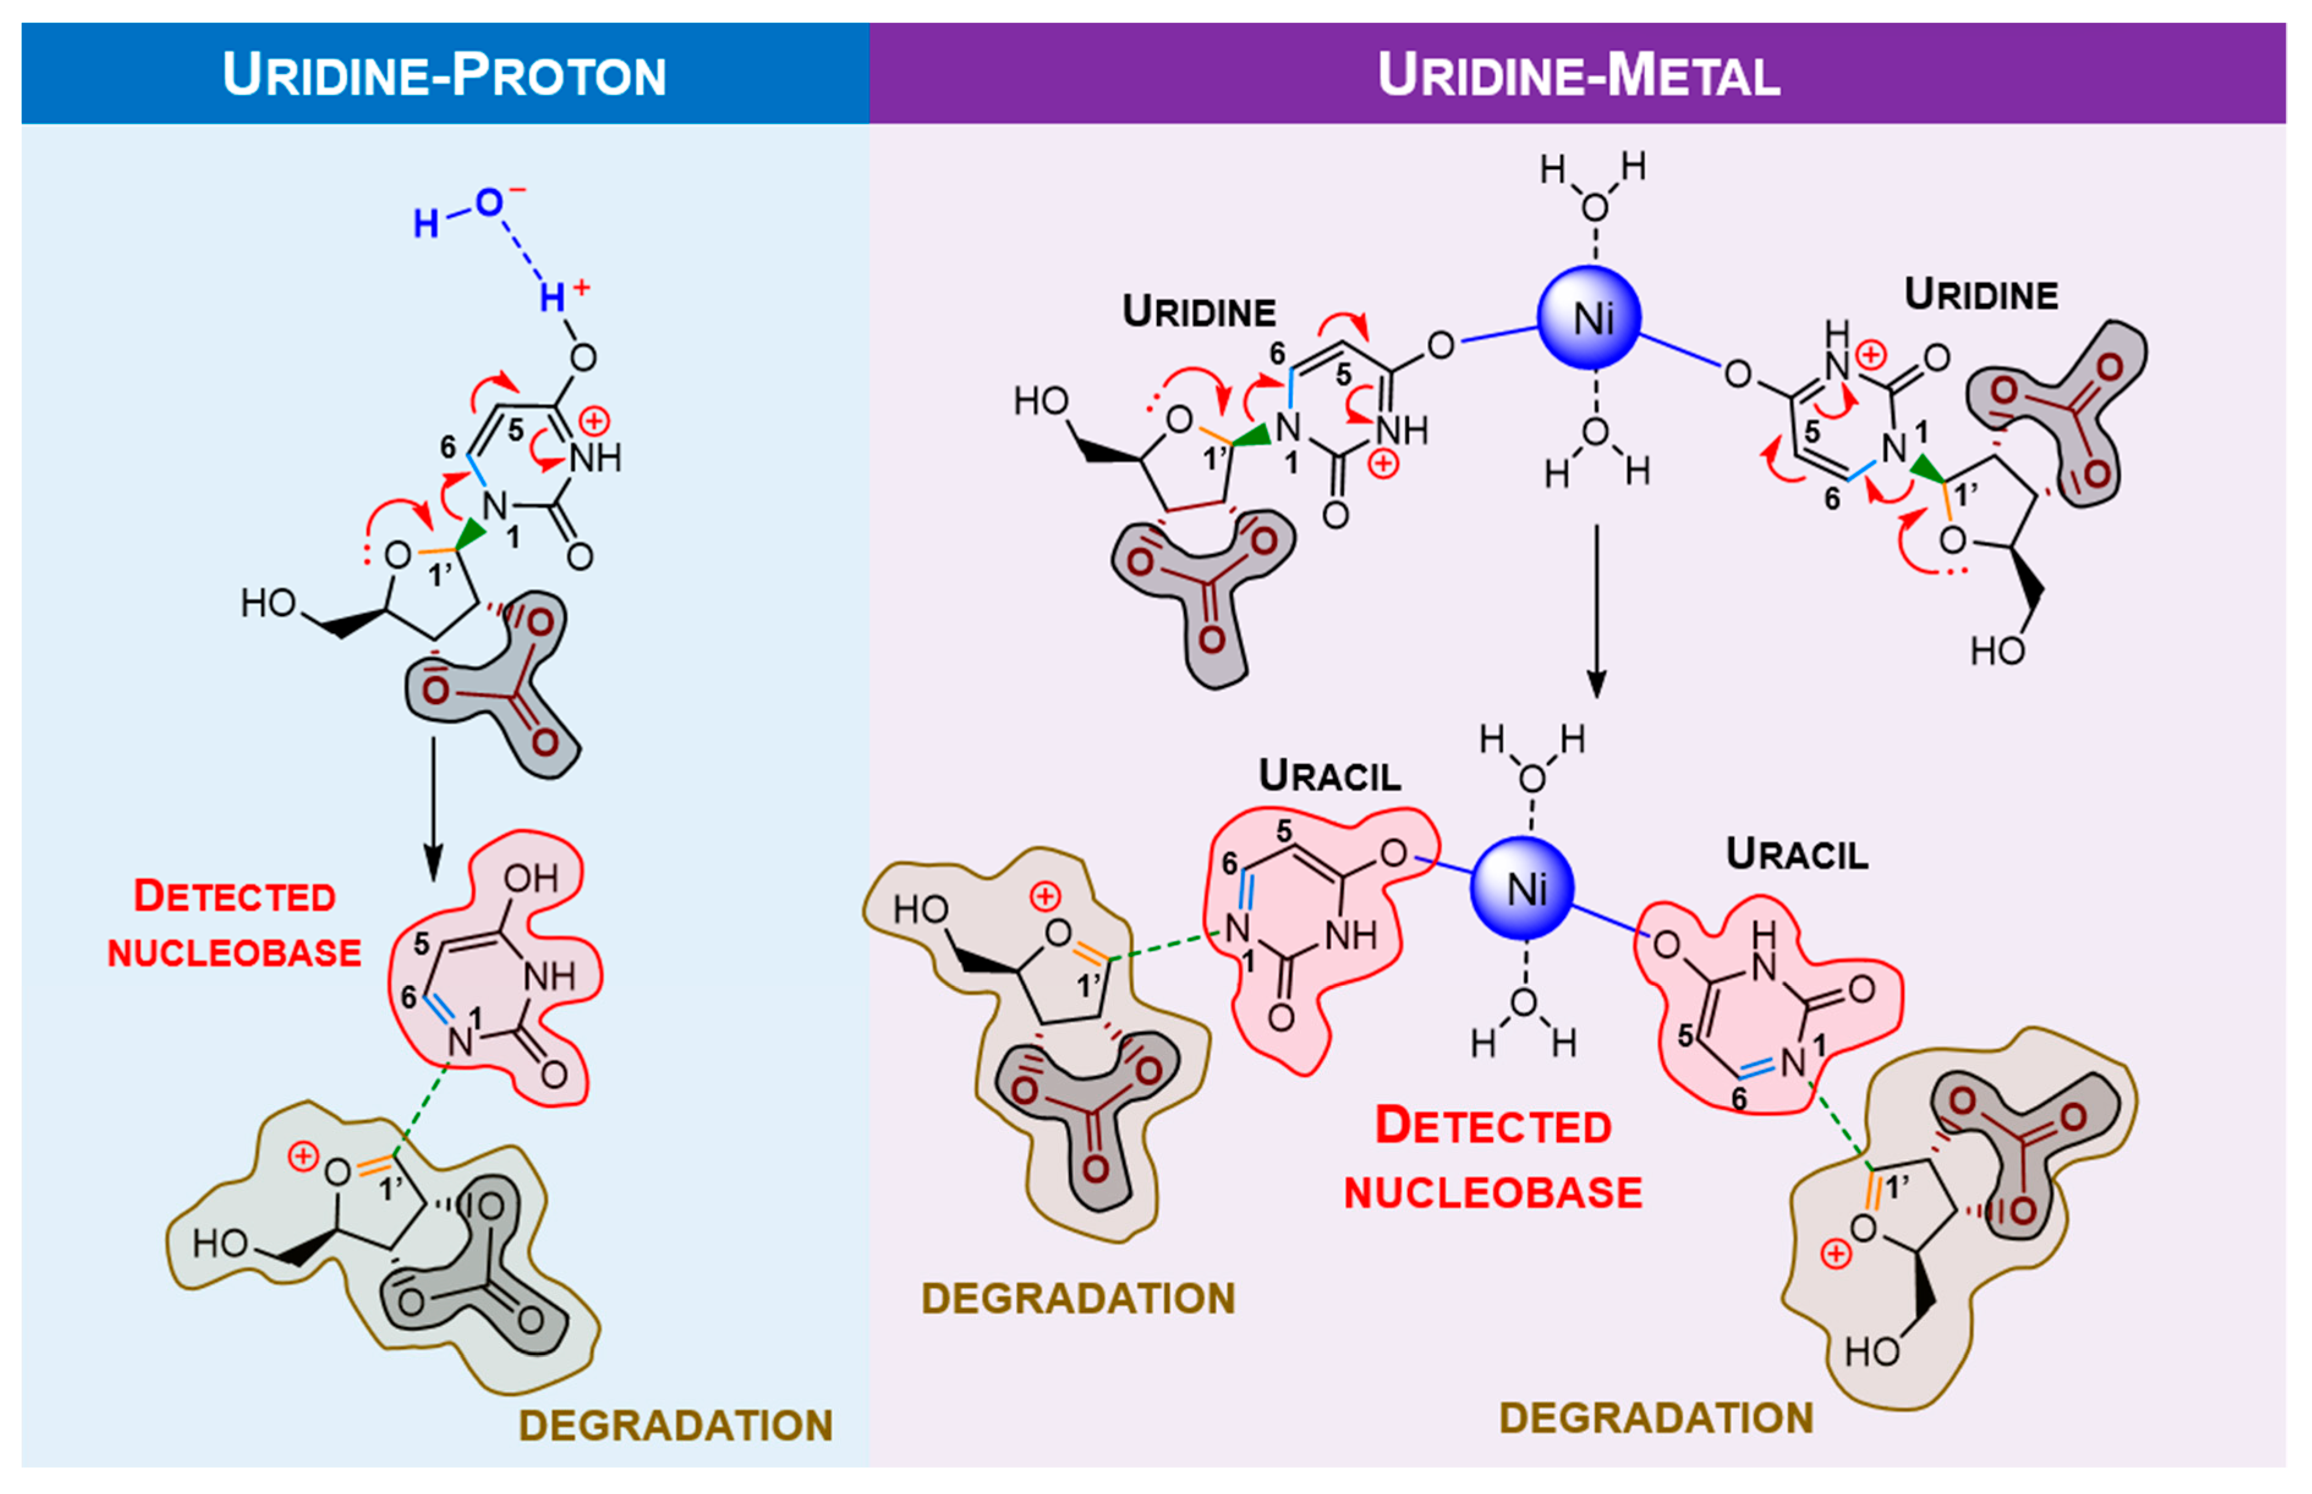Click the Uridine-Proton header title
pos(445,75)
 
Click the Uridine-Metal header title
pos(1578,75)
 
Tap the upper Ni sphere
pos(1589,317)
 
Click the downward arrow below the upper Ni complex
pos(1596,611)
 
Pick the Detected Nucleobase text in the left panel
pos(234,924)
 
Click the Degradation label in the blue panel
pos(675,1425)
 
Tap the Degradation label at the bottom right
pos(1655,1418)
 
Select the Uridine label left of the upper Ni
pos(1198,311)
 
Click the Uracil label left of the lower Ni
pos(1329,775)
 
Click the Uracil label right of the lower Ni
pos(1796,854)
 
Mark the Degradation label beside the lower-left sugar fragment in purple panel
pos(1078,1298)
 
